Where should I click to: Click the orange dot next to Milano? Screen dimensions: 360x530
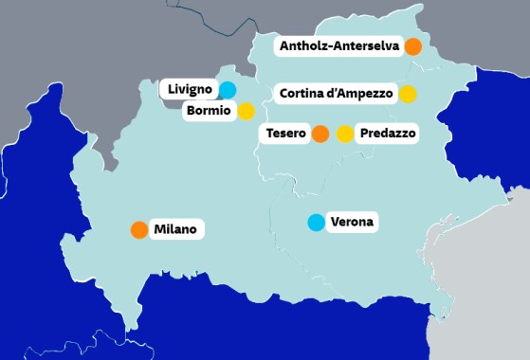coord(139,229)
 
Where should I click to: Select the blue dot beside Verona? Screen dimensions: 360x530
coord(316,223)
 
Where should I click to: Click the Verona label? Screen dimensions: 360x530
coord(353,223)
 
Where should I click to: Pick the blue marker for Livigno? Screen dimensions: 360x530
coord(228,90)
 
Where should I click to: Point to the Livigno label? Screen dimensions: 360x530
coord(190,90)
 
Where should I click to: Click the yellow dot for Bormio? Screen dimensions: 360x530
coord(246,111)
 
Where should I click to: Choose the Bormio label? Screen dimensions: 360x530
coord(210,111)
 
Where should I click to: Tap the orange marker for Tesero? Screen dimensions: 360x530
coord(320,135)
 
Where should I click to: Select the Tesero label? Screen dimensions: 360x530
coord(285,135)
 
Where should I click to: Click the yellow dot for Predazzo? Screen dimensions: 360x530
coord(345,135)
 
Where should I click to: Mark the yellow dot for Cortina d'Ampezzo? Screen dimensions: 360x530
coord(408,94)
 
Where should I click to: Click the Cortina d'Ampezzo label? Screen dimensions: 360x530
coord(335,94)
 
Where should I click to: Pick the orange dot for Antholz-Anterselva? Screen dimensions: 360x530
coord(412,45)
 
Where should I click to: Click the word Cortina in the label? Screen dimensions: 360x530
coord(301,94)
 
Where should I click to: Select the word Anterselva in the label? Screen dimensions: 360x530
coord(364,45)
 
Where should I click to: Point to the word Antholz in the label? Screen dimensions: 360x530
coord(302,45)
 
